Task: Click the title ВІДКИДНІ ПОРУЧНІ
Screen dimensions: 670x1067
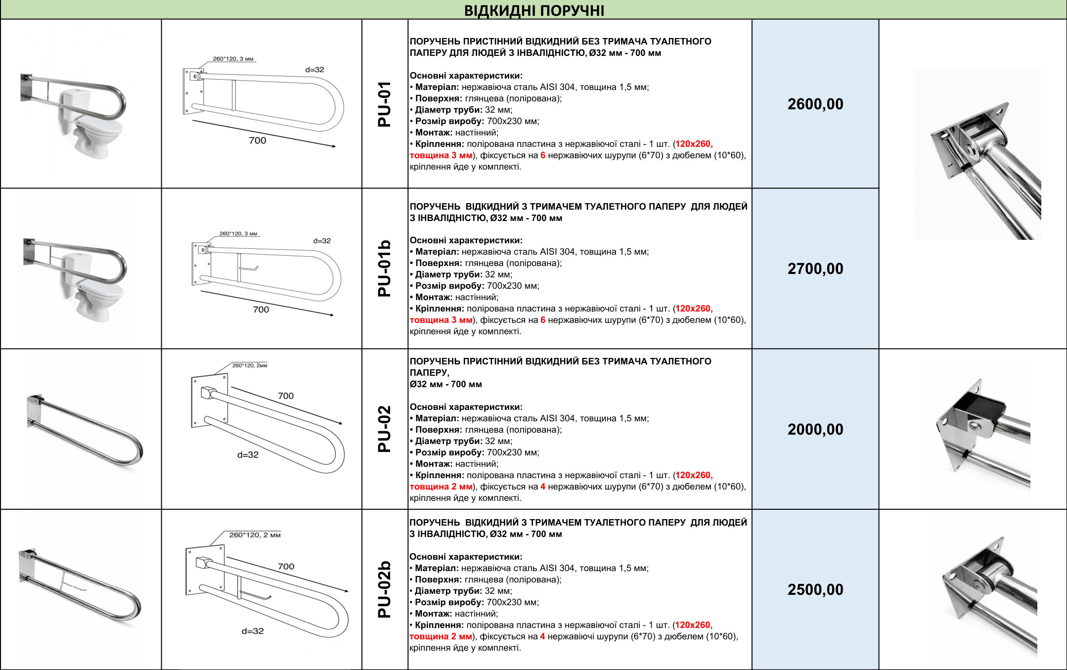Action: point(534,10)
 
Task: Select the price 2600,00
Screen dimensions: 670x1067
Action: point(815,104)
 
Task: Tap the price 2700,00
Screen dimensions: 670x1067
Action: point(815,268)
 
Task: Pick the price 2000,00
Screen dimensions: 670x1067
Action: point(815,429)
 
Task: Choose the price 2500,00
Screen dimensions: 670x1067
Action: point(815,589)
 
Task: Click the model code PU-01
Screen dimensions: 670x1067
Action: point(385,104)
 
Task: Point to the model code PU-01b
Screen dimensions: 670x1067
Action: point(385,268)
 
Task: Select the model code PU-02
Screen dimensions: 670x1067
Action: point(385,429)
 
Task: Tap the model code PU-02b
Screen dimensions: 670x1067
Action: point(385,589)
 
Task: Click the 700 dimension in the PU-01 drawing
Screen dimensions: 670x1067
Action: point(257,140)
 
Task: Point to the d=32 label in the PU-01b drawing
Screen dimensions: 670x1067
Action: point(322,241)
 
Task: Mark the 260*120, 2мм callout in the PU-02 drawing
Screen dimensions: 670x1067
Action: point(250,365)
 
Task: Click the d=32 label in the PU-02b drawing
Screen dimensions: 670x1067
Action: point(253,631)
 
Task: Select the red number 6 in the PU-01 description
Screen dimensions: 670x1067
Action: point(543,155)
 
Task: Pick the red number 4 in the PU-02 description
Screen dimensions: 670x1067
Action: point(543,487)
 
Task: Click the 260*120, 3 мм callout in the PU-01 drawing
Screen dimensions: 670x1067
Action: point(233,59)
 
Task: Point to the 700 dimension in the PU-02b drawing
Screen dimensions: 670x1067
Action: point(286,566)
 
